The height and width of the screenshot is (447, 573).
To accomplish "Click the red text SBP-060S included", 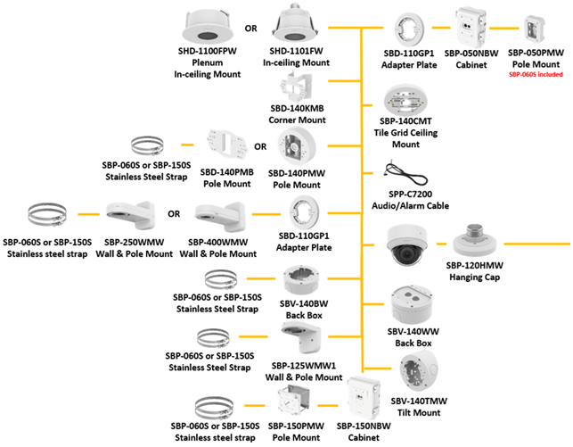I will [535, 75].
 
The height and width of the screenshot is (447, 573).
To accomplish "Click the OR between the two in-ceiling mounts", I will [251, 28].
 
